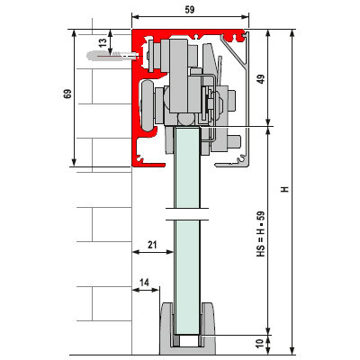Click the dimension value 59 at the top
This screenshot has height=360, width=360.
point(190,10)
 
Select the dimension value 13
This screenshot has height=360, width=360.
point(103,42)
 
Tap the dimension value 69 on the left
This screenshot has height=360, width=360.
point(67,94)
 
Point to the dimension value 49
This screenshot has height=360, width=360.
point(261,79)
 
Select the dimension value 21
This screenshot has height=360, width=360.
point(152,245)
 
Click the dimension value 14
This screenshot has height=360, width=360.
point(144,283)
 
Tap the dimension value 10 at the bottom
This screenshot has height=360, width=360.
point(260,343)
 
